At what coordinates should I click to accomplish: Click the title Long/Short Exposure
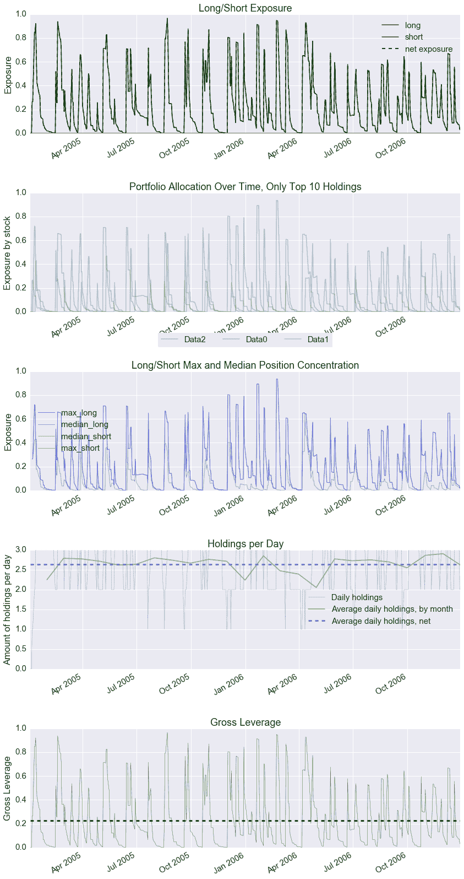pyautogui.click(x=245, y=8)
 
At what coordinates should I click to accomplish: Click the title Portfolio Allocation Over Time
pyautogui.click(x=245, y=187)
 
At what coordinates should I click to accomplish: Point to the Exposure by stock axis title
pyautogui.click(x=7, y=253)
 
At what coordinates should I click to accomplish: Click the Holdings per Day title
pyautogui.click(x=245, y=544)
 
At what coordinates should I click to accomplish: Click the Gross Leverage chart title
pyautogui.click(x=245, y=722)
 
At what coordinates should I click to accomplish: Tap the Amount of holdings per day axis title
pyautogui.click(x=7, y=610)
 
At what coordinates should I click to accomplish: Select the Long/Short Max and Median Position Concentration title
pyautogui.click(x=245, y=365)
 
